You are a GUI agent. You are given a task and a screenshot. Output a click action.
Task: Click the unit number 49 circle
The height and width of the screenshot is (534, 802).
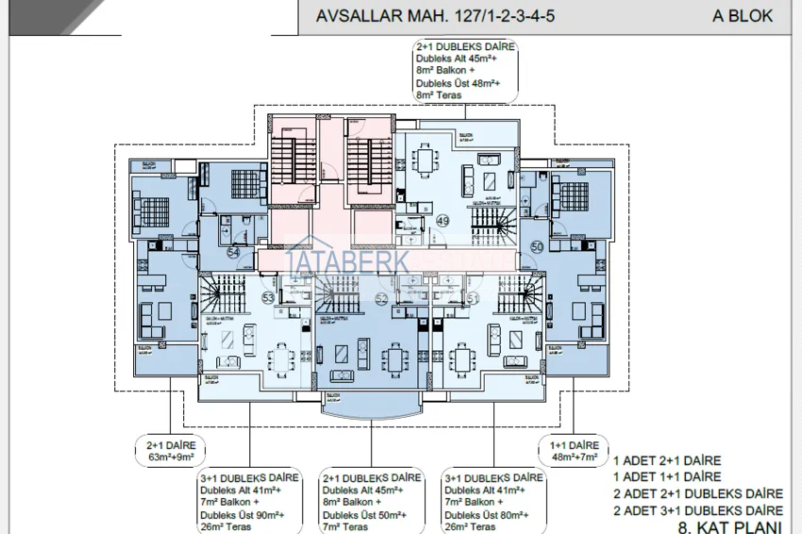coord(442,222)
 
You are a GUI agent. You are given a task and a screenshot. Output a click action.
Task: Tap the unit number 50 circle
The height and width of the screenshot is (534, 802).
coord(537,246)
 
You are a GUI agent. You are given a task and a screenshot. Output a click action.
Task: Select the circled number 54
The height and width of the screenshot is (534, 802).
coord(233,252)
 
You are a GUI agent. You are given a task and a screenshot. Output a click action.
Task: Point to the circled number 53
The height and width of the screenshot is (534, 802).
coord(268,298)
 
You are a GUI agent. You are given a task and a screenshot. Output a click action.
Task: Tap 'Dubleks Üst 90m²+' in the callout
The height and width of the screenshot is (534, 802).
coord(250,514)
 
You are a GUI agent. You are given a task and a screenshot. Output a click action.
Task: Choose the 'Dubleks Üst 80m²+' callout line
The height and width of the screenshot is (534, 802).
coord(494,514)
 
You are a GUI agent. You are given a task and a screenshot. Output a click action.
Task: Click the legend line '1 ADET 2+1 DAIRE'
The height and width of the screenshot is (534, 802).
coord(667,460)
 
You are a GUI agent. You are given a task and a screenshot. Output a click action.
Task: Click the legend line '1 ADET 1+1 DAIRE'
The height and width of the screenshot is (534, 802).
coord(667,476)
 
